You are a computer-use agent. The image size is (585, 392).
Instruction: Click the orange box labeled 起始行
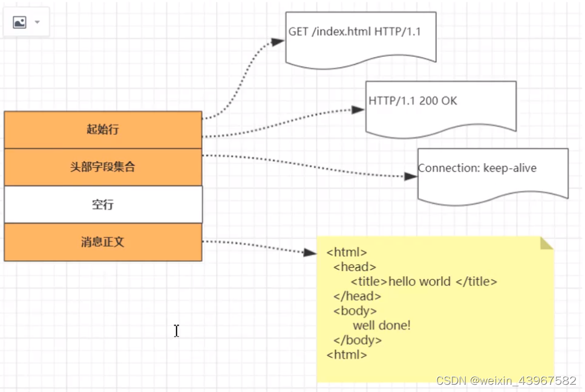tap(103, 129)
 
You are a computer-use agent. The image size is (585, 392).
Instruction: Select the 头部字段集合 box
tap(103, 167)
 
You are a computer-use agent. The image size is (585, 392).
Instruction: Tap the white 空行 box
tap(103, 205)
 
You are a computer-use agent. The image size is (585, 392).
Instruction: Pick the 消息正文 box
tap(103, 242)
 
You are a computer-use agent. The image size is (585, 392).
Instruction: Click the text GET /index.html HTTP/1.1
tap(354, 31)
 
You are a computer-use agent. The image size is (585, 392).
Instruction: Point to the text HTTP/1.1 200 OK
tap(413, 101)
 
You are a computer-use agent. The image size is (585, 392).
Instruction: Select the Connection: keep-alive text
tap(477, 168)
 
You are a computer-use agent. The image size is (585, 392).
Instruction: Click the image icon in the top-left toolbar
tap(19, 22)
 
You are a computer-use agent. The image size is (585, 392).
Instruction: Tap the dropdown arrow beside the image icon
tap(38, 22)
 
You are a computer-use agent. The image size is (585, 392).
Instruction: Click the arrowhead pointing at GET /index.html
tap(278, 42)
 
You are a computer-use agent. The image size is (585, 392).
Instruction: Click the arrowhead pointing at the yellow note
tap(310, 252)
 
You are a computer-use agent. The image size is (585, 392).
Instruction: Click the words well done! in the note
tap(382, 326)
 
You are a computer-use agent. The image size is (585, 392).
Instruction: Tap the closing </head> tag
tap(357, 296)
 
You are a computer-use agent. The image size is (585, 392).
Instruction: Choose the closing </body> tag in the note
tap(358, 340)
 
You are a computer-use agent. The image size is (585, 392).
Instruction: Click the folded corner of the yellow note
tap(547, 243)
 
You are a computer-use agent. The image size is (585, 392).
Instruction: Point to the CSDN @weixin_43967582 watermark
tap(506, 381)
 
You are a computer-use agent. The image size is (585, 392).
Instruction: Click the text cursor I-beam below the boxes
tap(176, 330)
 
